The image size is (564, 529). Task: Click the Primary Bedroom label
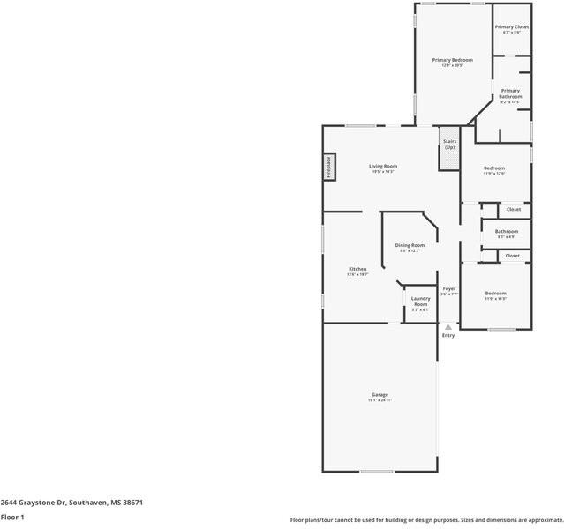pos(452,60)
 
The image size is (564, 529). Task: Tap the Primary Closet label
pos(512,27)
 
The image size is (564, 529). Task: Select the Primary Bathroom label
pos(510,93)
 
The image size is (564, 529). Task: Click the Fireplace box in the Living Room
pos(329,167)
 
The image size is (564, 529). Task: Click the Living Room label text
pos(383,166)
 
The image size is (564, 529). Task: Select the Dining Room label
pos(410,245)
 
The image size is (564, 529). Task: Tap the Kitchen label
pos(357,269)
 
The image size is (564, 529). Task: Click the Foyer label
pos(449,288)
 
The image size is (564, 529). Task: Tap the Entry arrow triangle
pos(448,327)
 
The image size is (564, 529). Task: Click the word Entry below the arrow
pos(448,335)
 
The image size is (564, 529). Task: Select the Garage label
pos(380,395)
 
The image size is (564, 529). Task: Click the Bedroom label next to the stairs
pos(494,168)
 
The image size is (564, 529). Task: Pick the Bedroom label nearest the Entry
pos(495,293)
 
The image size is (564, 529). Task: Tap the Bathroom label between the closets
pos(507,231)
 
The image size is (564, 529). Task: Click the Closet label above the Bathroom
pos(513,209)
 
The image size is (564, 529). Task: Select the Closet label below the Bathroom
pos(512,256)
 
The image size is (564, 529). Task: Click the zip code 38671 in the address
pos(132,502)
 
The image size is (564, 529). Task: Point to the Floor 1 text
pos(12,517)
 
